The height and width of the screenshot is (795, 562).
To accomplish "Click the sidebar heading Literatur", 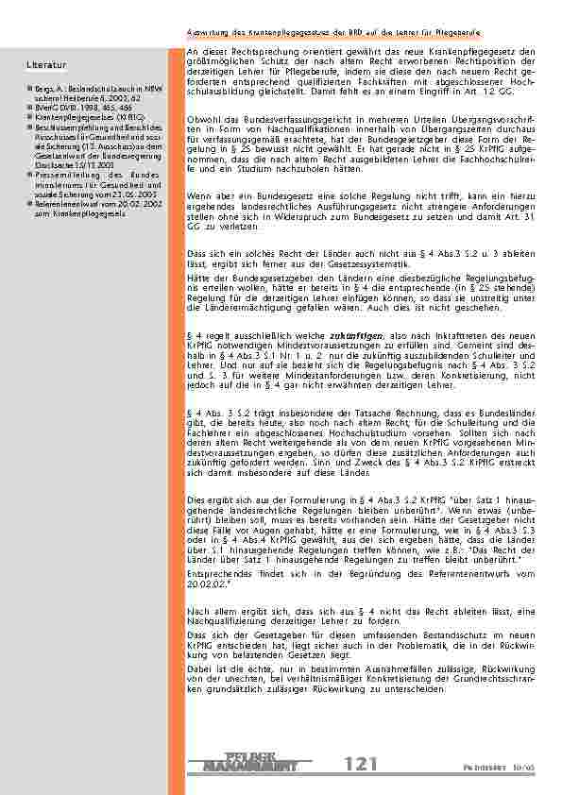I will (x=46, y=65).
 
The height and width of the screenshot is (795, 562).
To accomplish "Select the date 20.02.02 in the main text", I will (x=208, y=585).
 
